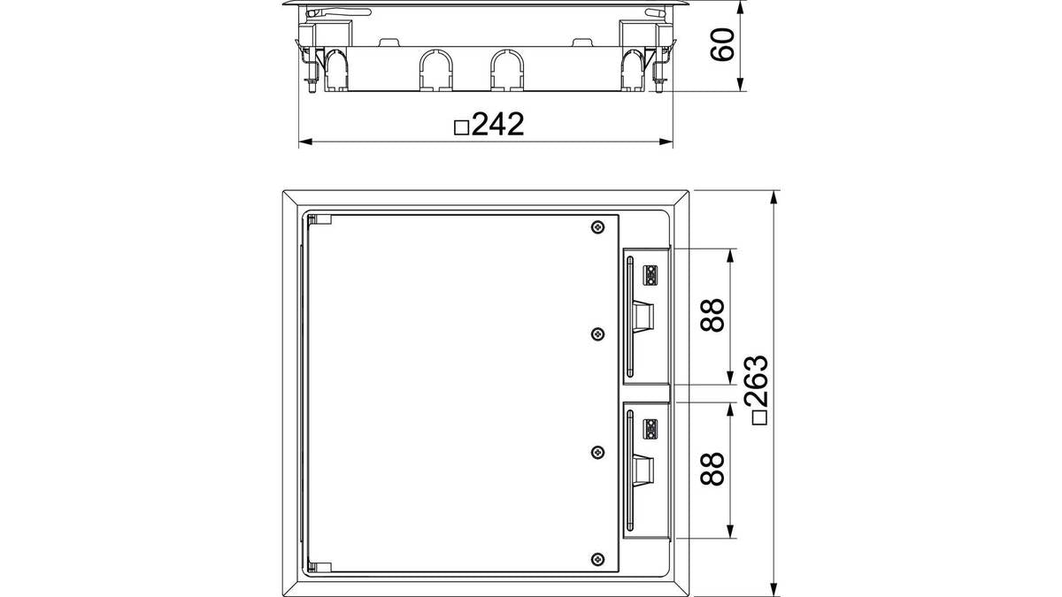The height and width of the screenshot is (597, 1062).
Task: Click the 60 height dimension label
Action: coord(721,44)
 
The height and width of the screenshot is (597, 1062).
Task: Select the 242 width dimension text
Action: coord(497,124)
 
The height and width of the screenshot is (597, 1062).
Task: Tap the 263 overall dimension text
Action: coord(756,380)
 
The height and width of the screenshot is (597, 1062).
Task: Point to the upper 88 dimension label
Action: coord(712,315)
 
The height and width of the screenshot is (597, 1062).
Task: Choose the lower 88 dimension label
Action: coord(712,469)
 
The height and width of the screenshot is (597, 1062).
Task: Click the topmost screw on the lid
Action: coord(598,227)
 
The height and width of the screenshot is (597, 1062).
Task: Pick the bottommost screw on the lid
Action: coord(598,559)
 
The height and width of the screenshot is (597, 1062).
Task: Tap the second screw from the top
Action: coord(598,334)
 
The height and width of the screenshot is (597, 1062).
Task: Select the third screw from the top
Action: coord(598,453)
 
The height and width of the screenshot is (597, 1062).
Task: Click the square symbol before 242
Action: coord(461,128)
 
